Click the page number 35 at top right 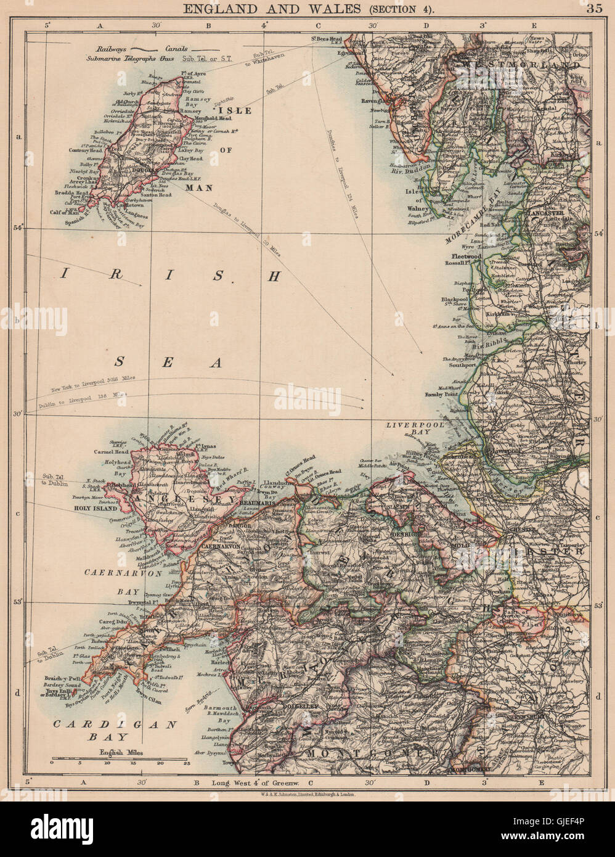595,8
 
